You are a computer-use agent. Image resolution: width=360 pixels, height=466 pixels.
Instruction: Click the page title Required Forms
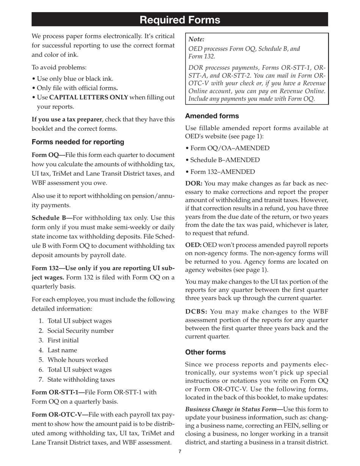pyautogui.click(x=180, y=20)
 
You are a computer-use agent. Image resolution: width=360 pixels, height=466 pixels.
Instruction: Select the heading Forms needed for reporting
pyautogui.click(x=78, y=142)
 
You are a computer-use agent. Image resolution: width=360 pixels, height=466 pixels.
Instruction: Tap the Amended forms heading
pyautogui.click(x=212, y=116)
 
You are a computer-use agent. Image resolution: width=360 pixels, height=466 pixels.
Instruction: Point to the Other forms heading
pyautogui.click(x=205, y=352)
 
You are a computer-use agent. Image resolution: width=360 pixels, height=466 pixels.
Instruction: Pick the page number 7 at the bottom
pyautogui.click(x=180, y=451)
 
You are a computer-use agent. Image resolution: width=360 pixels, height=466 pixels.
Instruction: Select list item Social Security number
pyautogui.click(x=80, y=331)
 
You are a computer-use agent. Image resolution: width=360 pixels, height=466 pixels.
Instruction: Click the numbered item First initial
pyautogui.click(x=63, y=340)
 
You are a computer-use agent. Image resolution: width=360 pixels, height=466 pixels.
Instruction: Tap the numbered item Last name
pyautogui.click(x=62, y=350)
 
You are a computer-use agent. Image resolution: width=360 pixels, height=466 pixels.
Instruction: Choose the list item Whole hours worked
pyautogui.click(x=78, y=360)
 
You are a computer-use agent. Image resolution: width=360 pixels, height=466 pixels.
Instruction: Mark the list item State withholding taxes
pyautogui.click(x=81, y=379)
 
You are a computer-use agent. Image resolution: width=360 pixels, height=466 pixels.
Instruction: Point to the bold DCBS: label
pyautogui.click(x=196, y=311)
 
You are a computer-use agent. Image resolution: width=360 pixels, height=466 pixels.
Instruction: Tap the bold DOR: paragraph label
pyautogui.click(x=194, y=183)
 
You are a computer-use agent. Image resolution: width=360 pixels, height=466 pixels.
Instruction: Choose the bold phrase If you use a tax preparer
pyautogui.click(x=67, y=119)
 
